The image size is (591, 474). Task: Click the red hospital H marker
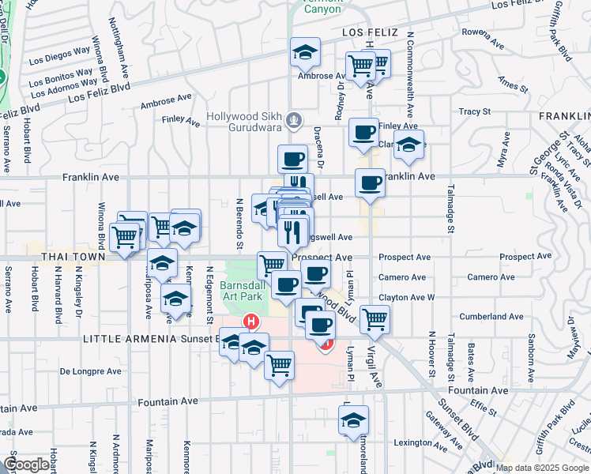251,322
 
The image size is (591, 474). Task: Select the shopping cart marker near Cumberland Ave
375,318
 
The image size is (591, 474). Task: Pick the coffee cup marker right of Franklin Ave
370,183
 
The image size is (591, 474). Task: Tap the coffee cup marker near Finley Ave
363,132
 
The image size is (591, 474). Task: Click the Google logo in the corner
26,465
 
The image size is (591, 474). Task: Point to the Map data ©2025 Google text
542,468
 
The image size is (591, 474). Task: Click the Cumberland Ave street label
495,316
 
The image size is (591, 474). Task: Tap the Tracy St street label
474,112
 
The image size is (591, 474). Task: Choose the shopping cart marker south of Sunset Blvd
278,365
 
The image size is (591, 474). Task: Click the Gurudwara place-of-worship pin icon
294,121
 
